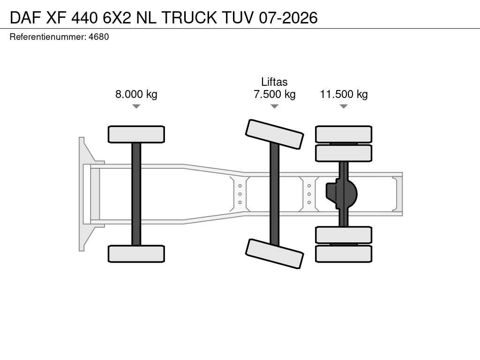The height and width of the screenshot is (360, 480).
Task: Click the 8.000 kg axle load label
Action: coord(136,94)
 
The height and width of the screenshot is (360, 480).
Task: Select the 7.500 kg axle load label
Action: coord(275,94)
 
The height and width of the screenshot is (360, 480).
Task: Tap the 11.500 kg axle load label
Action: coord(344,94)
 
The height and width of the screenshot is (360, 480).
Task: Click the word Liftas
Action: coord(274,82)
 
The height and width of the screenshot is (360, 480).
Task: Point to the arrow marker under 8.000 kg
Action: coord(136,106)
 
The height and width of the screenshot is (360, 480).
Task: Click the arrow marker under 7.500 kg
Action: coord(275,106)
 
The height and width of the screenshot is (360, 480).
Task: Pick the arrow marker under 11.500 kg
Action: coord(344,106)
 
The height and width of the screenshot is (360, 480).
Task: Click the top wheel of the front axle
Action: coord(136,135)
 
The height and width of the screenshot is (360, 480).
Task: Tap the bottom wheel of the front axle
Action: coord(136,254)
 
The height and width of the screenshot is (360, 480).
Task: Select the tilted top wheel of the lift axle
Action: coord(275,135)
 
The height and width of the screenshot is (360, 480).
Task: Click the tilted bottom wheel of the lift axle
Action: coord(275,254)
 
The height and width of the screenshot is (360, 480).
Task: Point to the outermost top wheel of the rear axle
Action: coord(344,134)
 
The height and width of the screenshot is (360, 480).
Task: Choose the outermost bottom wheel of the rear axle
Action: coord(344,254)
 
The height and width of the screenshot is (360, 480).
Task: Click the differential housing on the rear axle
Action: coord(341,194)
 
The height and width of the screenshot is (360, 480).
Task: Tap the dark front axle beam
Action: coord(136,194)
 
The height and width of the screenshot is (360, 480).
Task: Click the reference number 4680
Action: coord(98,37)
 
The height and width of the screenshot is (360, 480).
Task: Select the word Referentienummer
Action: coord(48,37)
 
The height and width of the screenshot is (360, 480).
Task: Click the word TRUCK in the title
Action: coord(189,17)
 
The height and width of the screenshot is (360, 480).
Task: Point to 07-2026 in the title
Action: coord(288,17)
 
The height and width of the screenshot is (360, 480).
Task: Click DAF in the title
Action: coord(25,17)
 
